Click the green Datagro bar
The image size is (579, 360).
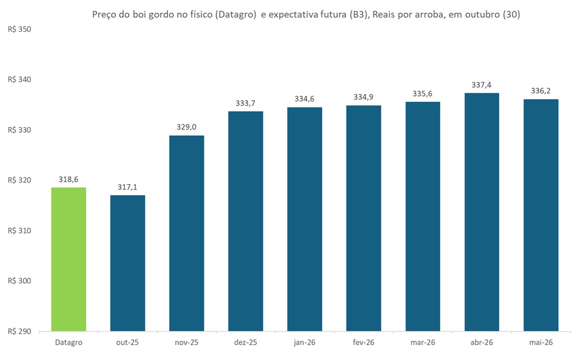tap(69, 259)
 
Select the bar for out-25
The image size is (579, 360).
tap(128, 263)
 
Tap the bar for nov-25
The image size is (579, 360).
tap(187, 233)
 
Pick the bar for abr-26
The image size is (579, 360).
tap(482, 212)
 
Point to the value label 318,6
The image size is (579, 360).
tap(69, 180)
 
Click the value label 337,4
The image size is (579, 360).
tap(482, 85)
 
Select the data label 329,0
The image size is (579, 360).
tap(187, 128)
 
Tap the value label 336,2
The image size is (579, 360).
tap(541, 91)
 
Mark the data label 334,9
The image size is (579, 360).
tap(364, 97)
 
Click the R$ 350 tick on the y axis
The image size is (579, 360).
tap(18, 29)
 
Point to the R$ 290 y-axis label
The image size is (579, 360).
tap(18, 331)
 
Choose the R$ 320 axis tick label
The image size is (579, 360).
tap(18, 180)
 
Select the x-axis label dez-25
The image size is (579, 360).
tap(246, 342)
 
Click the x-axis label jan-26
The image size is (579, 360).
tap(305, 342)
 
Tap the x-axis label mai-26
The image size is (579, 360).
tap(541, 342)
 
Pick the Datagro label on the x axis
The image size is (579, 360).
tap(69, 342)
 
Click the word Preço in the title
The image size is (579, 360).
tap(105, 15)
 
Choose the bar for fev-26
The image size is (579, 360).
tap(364, 218)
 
